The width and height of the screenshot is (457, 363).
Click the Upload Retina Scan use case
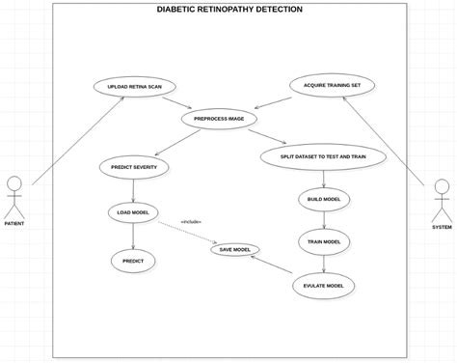point(135,86)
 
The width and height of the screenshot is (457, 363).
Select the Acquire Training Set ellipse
point(332,85)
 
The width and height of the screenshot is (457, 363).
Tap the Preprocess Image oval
point(220,119)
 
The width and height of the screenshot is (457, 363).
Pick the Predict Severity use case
point(134,167)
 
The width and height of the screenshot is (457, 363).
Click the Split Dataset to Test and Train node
point(323,156)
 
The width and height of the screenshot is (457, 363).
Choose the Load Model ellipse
point(132,212)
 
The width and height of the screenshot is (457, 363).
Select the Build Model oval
point(324,200)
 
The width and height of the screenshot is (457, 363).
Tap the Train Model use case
point(324,241)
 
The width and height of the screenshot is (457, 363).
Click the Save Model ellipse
point(235,250)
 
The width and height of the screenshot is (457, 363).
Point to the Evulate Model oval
point(324,286)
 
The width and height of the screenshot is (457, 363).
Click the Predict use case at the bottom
point(133,261)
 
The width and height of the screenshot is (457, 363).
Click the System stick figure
point(442,198)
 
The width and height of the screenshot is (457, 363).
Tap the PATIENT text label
point(14,224)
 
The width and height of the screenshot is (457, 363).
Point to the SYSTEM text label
point(442,227)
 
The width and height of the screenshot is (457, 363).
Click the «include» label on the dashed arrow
point(191,222)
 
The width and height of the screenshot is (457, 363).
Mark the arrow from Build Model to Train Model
point(324,221)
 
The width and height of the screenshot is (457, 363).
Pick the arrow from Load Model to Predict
point(133,236)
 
